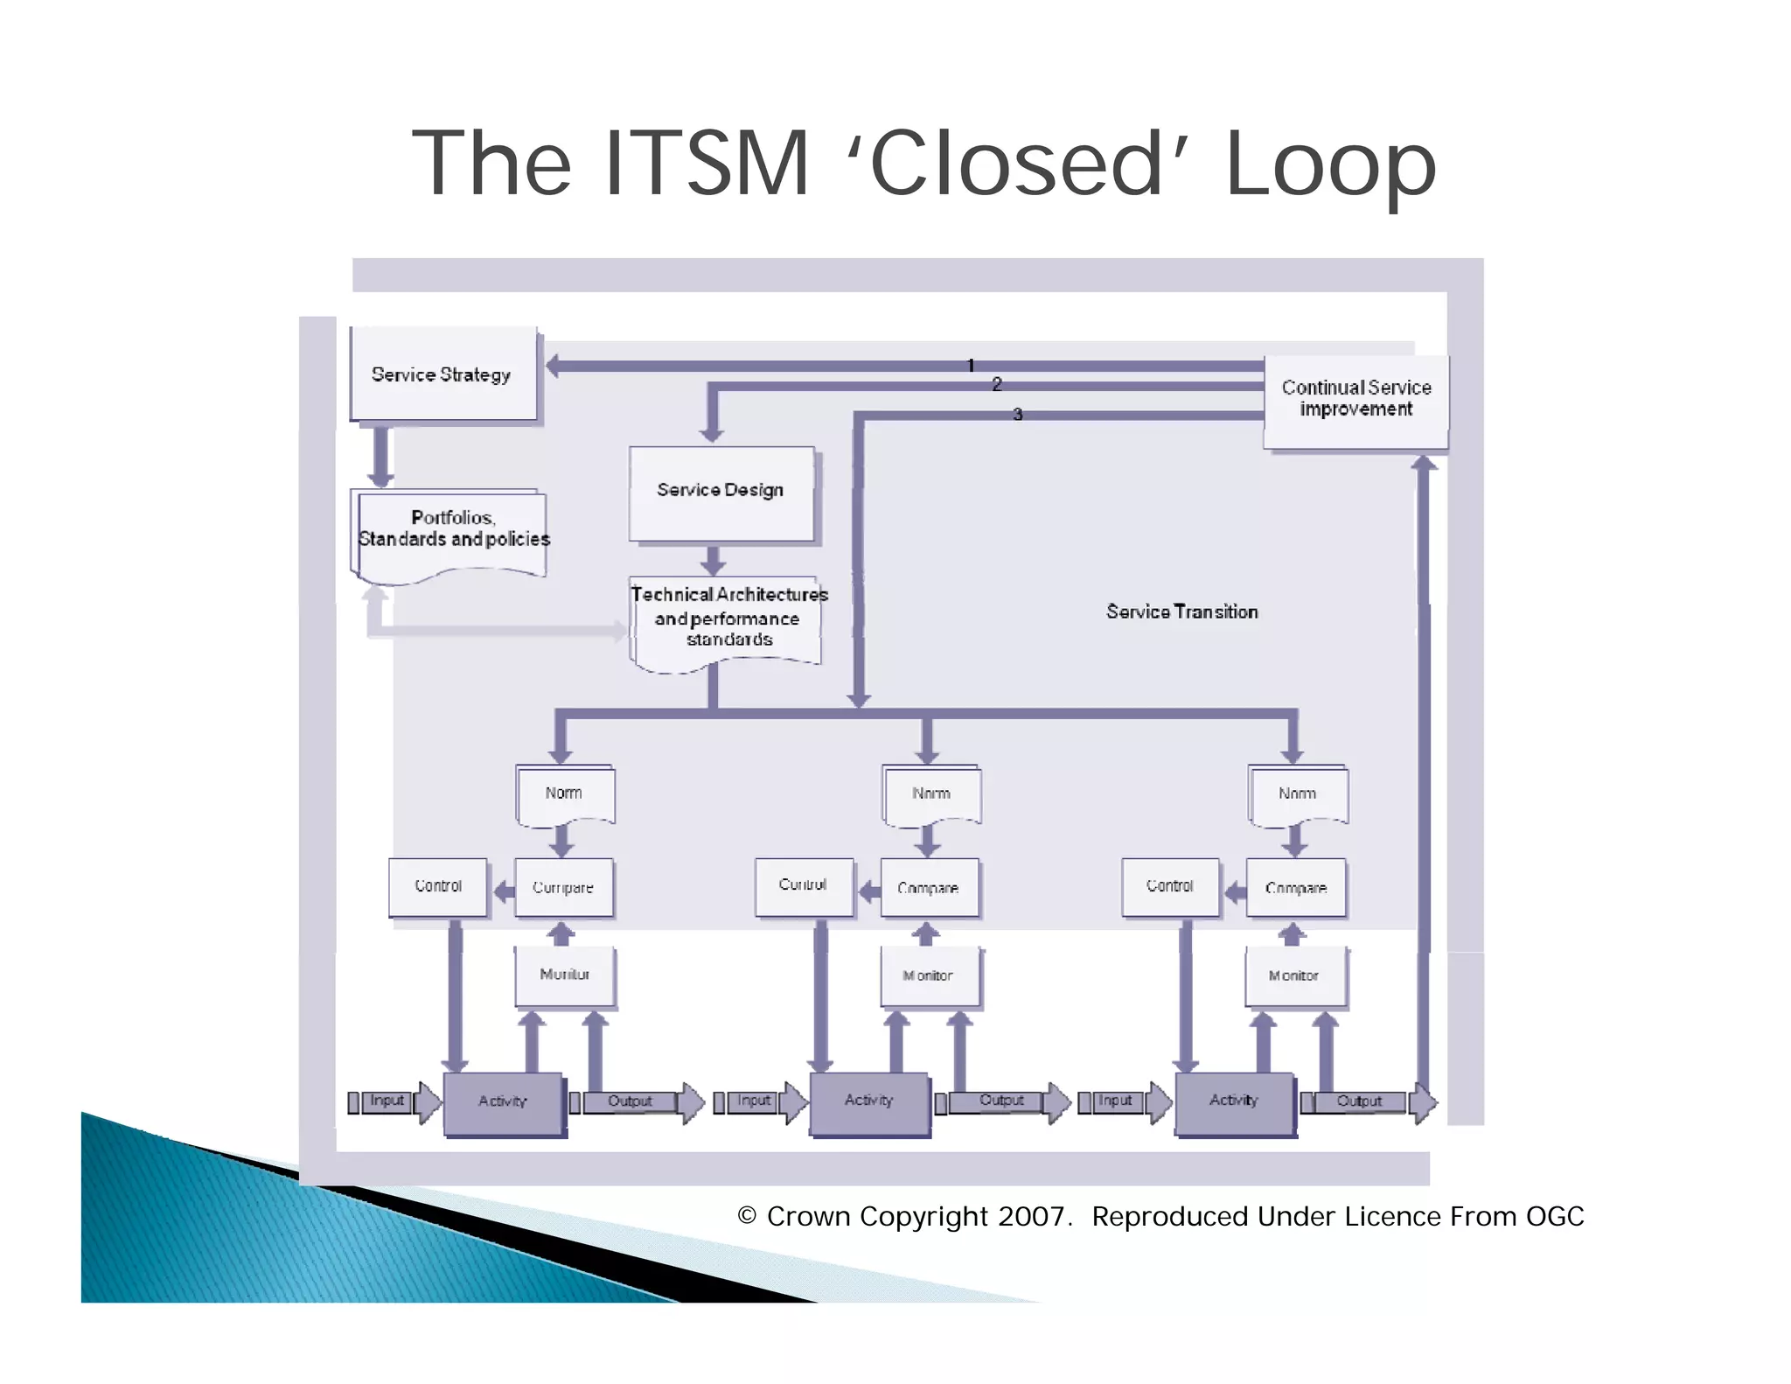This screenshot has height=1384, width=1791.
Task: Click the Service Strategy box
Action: (x=443, y=374)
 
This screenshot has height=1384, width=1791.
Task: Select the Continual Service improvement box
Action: (x=1355, y=400)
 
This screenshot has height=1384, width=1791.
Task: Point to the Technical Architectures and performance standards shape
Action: (x=728, y=619)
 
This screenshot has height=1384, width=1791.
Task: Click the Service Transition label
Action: (x=1181, y=612)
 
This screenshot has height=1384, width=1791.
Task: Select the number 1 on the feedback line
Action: (x=971, y=365)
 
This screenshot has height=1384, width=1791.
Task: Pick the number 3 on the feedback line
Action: (x=1017, y=414)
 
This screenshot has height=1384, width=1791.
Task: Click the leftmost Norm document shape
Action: (x=564, y=793)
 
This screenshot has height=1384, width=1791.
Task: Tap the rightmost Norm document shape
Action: (x=1297, y=793)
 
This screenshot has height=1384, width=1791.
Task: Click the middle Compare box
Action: (x=929, y=888)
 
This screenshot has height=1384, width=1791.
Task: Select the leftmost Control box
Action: (x=438, y=886)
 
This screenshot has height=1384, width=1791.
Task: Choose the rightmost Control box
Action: (x=1170, y=886)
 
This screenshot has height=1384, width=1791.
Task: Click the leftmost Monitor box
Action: (x=565, y=975)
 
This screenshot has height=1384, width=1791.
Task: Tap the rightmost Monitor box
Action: (x=1294, y=975)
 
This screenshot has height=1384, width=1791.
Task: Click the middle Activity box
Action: (x=869, y=1101)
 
